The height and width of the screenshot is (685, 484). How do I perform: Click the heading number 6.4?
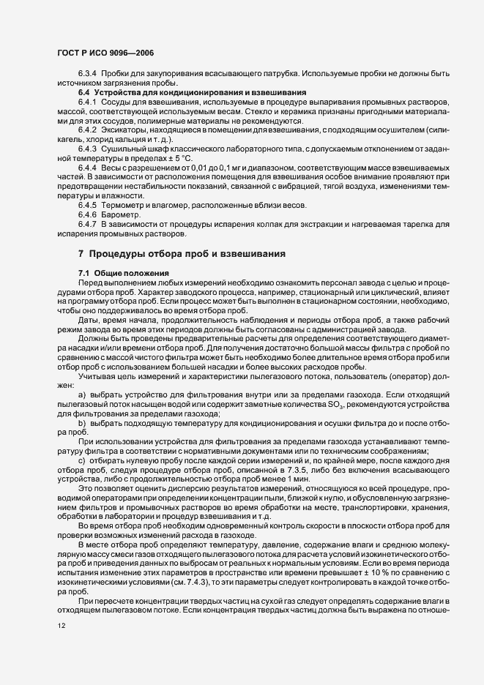(x=83, y=93)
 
